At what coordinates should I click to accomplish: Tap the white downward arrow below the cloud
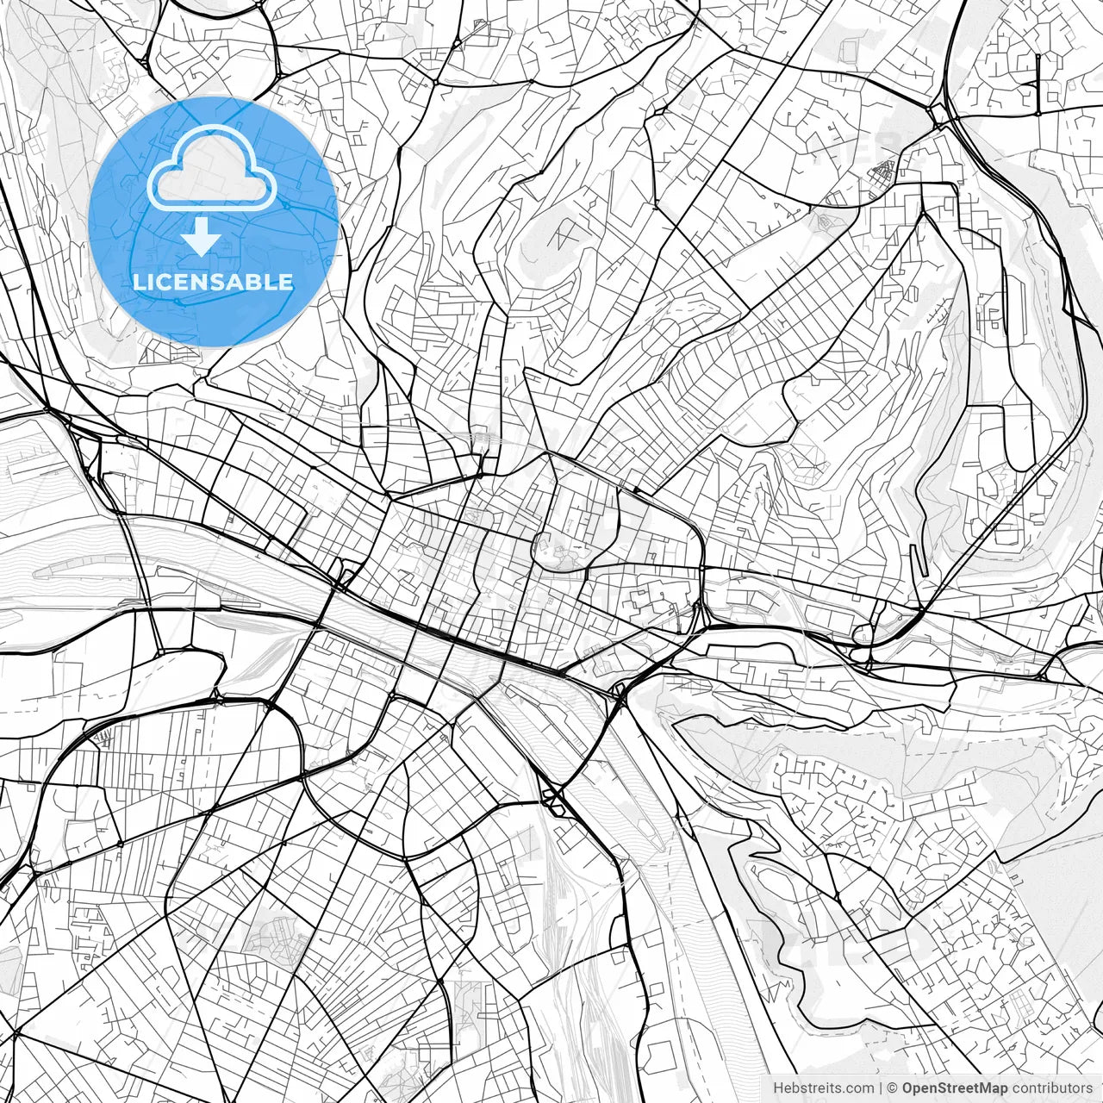point(202,237)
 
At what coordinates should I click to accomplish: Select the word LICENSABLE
point(213,282)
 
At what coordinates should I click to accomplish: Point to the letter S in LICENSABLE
point(227,282)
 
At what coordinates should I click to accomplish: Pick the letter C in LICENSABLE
point(169,282)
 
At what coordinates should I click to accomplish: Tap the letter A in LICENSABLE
point(243,282)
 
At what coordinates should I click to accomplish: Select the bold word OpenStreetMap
point(955,1088)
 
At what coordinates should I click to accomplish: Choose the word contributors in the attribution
point(1052,1088)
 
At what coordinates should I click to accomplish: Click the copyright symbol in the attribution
point(893,1088)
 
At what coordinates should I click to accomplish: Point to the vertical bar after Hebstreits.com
point(881,1088)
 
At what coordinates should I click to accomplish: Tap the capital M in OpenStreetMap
point(988,1088)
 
